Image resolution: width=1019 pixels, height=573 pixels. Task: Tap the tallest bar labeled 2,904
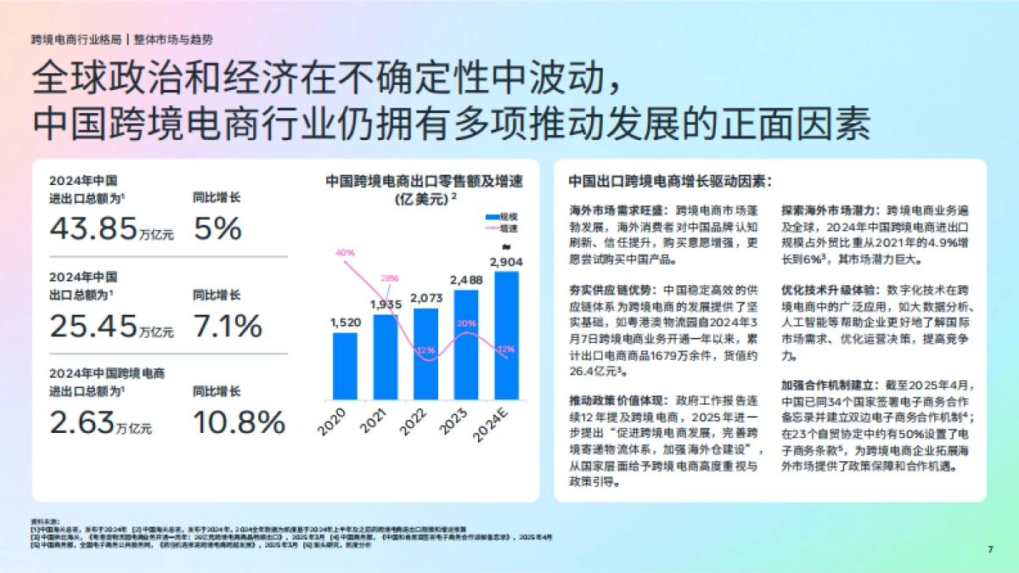point(506,335)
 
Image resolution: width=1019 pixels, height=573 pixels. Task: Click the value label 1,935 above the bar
point(386,304)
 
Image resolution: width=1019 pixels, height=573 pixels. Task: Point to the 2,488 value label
point(466,279)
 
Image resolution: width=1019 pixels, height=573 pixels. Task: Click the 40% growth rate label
point(345,253)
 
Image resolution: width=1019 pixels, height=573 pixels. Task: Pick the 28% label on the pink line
point(390,278)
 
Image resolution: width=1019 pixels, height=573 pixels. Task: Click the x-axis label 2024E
point(497,424)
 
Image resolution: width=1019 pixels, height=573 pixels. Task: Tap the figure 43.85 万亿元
point(111,228)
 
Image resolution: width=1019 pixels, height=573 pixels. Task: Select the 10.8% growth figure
point(239,422)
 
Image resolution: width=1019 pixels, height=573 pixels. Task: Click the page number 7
point(990,549)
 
